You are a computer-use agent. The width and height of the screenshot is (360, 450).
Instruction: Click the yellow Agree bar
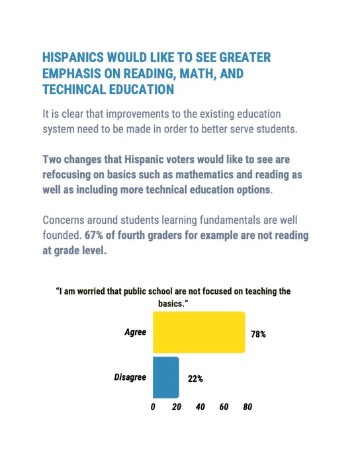(x=199, y=332)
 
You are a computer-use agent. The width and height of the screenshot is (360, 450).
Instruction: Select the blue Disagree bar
(x=166, y=377)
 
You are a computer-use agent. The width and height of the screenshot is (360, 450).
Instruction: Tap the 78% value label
(x=258, y=334)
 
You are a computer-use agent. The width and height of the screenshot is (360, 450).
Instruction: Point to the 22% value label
(x=195, y=379)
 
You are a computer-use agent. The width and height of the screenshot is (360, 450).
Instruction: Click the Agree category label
(x=136, y=332)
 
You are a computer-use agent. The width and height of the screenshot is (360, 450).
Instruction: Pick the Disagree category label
(x=130, y=377)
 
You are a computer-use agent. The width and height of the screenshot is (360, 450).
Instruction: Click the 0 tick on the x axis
(x=153, y=407)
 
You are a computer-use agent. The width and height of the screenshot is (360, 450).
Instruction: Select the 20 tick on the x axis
(x=177, y=407)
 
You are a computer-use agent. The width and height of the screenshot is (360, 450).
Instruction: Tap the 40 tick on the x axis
(x=201, y=407)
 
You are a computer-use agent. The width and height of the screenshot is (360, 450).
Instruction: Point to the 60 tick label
(x=224, y=407)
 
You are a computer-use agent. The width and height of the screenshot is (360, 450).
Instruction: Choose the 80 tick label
(x=247, y=407)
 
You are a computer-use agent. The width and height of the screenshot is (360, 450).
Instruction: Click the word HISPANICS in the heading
(x=73, y=58)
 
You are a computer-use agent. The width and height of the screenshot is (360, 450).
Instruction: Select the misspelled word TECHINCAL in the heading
(x=74, y=89)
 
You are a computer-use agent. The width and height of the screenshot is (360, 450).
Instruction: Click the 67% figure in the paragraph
(x=93, y=236)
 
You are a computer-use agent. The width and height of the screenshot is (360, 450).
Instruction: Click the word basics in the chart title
(x=171, y=304)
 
